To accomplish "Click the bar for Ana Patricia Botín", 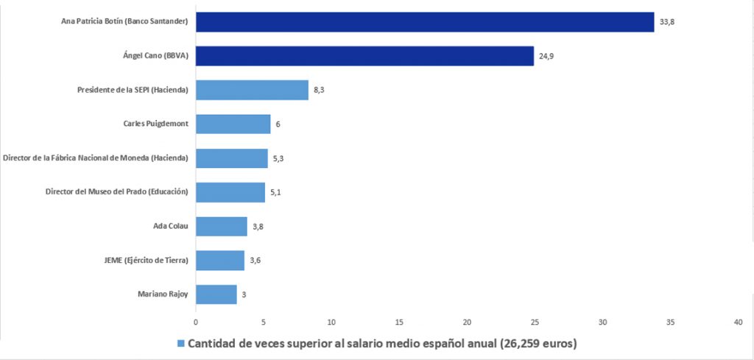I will (425, 22).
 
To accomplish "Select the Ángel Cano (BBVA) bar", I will (364, 56).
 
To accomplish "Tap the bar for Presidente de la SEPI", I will (252, 90).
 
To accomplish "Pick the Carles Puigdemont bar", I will (233, 124).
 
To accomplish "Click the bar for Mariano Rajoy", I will (216, 294).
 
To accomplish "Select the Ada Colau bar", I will (222, 226).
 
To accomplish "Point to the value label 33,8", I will (667, 22).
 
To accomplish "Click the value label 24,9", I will (546, 56).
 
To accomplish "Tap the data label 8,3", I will (320, 90).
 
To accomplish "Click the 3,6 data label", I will (256, 261).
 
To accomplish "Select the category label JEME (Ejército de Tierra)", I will (147, 261).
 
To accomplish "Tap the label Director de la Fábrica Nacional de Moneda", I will (96, 158).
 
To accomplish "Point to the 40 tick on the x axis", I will (738, 322).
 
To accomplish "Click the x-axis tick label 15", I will (399, 322).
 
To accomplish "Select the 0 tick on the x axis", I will (196, 322).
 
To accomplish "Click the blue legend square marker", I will (180, 344).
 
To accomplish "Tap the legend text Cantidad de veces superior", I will (383, 344).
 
